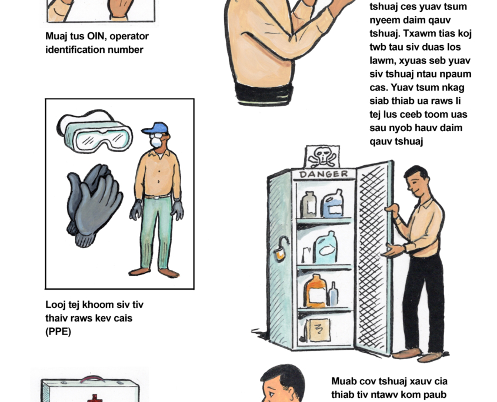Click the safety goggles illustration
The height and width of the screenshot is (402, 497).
point(95,131)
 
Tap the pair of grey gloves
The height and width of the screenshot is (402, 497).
point(94,205)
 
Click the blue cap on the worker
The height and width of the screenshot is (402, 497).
point(155,128)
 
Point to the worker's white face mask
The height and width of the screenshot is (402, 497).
point(156,142)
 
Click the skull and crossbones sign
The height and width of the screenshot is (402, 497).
point(322,157)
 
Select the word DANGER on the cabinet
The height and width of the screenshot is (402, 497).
point(323,174)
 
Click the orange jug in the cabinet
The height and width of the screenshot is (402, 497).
point(315,292)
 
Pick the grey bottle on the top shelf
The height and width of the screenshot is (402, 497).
point(308,205)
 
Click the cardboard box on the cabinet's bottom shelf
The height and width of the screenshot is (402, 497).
point(318,330)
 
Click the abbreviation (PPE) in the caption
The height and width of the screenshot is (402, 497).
point(58,331)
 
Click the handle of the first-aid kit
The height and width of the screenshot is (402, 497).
point(94,378)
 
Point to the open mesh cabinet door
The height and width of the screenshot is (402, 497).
point(374,258)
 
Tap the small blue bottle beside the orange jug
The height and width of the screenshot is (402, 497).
point(333,294)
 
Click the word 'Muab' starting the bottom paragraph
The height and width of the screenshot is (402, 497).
point(343,381)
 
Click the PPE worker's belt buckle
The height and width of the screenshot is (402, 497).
point(158,197)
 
